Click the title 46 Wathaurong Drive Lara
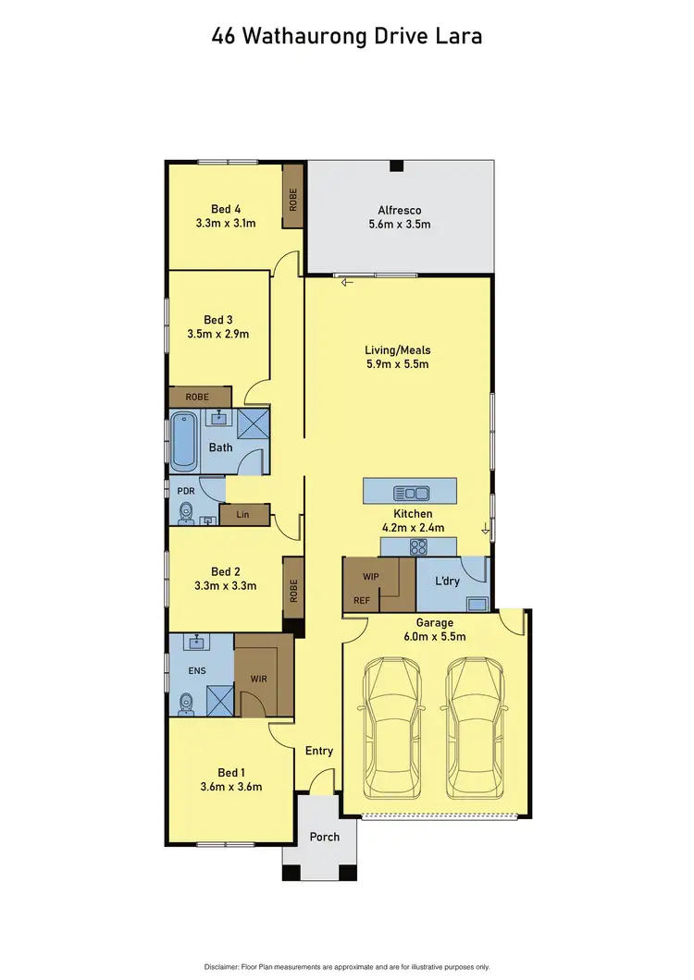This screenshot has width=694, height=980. [347, 36]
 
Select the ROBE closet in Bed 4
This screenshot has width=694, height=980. [293, 202]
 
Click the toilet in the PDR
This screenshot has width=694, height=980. [184, 511]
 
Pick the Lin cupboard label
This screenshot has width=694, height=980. [243, 514]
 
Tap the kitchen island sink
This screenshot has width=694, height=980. [411, 492]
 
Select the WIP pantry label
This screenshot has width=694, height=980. [369, 575]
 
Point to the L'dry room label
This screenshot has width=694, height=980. [448, 582]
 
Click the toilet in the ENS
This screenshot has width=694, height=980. [185, 704]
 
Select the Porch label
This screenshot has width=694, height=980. [324, 837]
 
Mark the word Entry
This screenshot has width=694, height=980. [318, 751]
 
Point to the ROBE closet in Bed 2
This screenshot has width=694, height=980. [293, 592]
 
